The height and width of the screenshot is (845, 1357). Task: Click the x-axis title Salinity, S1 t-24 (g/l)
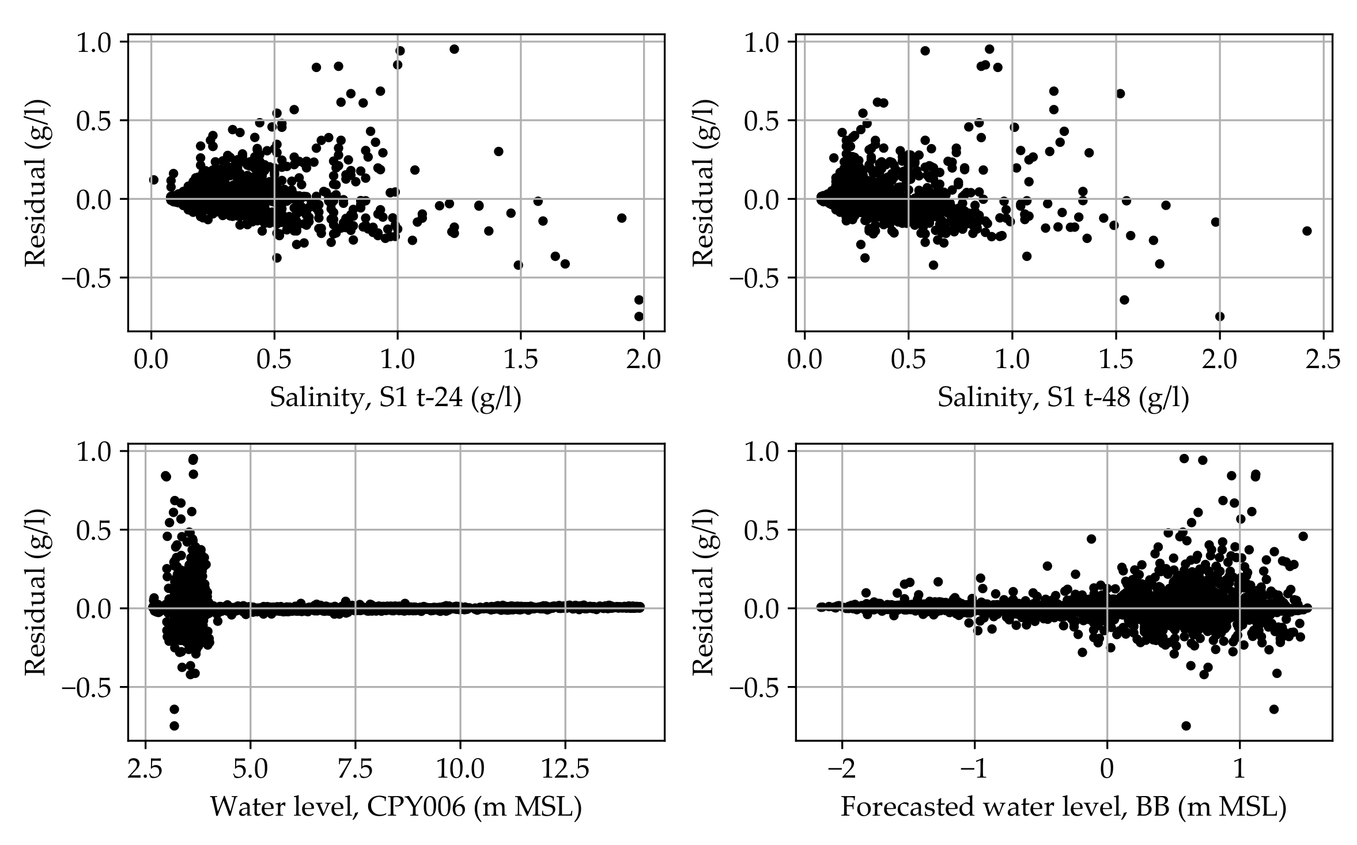click(x=395, y=398)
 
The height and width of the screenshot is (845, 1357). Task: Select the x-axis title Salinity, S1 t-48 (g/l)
click(x=1063, y=398)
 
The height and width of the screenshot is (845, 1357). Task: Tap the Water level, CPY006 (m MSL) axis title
click(x=395, y=807)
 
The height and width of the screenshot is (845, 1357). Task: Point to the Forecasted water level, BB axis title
click(x=1063, y=807)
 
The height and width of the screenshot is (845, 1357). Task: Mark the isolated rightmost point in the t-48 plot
click(x=1307, y=231)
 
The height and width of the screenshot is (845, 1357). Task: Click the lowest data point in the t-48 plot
click(x=1220, y=316)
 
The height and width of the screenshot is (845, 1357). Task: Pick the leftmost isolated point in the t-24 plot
click(x=153, y=180)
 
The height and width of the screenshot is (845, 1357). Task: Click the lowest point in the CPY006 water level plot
click(x=174, y=726)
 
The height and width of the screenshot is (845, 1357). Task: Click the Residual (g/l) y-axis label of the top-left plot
click(x=35, y=183)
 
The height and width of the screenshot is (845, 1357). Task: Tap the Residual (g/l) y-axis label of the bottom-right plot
click(x=703, y=592)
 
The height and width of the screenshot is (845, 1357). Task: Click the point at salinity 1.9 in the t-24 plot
click(x=621, y=218)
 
